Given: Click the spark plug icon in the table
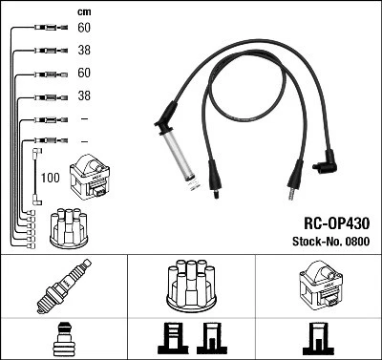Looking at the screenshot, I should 61,286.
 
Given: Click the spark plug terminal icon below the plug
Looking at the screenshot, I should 61,338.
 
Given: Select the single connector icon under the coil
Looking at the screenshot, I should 317,339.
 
